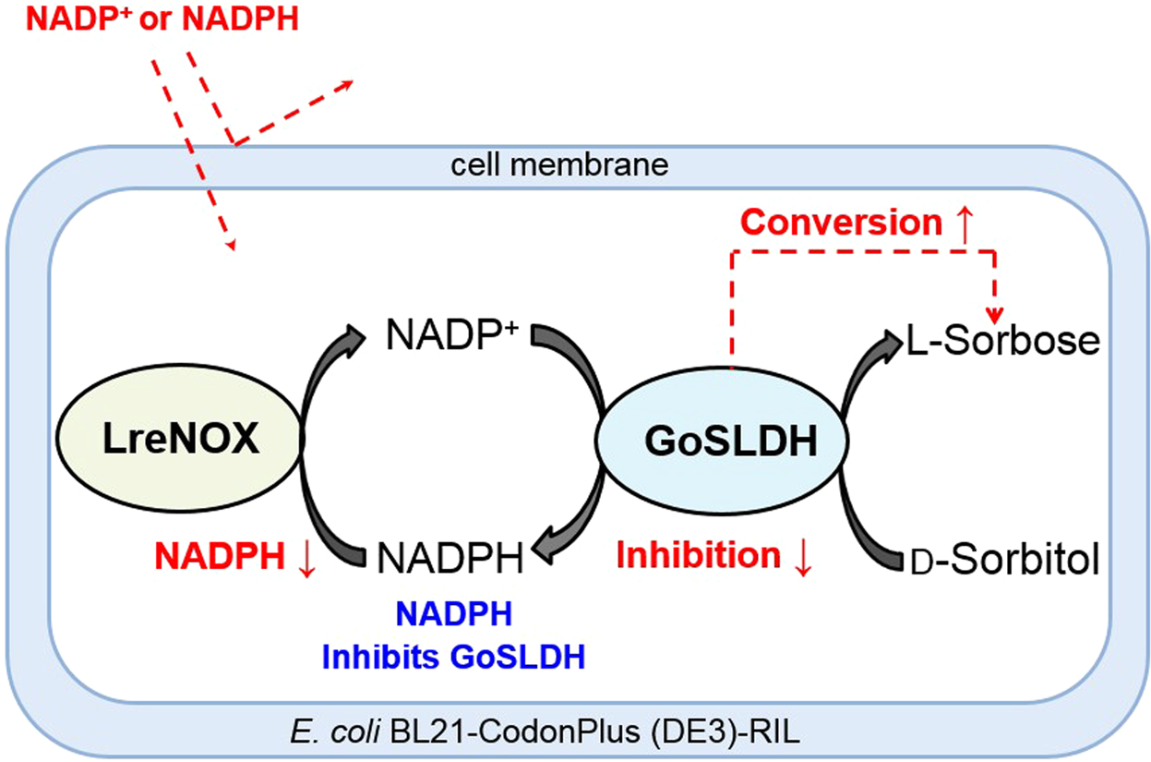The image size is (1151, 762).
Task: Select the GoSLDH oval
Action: point(718,441)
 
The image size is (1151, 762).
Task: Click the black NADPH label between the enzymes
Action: point(450,557)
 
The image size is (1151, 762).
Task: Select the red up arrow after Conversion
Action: point(965,224)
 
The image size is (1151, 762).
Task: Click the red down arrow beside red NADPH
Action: point(306,557)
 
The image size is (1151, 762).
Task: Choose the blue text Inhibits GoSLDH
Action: point(453,657)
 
